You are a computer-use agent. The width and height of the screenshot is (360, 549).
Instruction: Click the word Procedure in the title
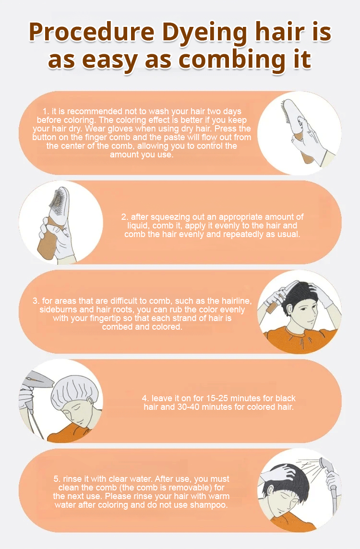pos(91,33)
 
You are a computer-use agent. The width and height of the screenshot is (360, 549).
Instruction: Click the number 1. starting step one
pos(46,111)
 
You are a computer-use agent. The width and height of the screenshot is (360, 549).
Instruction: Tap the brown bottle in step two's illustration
pos(49,241)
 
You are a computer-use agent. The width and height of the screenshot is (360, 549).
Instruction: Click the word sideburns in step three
pos(58,310)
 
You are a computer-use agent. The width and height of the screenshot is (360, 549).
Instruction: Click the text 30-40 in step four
pos(189,407)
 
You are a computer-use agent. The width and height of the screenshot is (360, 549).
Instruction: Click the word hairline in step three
pos(235,301)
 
